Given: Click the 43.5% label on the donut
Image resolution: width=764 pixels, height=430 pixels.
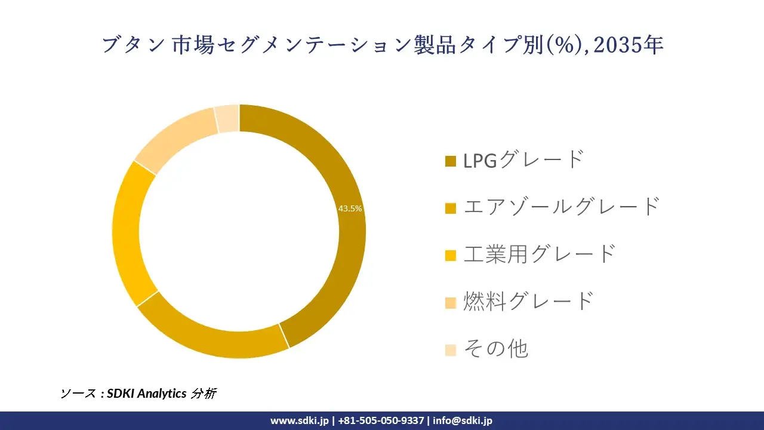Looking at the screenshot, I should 350,208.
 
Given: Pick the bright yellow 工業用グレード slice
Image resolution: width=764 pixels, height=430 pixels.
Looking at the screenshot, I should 127,233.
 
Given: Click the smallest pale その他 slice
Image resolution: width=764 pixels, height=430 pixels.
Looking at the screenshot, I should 228,118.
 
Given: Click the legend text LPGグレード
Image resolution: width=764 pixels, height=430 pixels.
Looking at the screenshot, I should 523,159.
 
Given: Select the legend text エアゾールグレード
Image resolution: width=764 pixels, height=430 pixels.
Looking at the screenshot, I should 562,207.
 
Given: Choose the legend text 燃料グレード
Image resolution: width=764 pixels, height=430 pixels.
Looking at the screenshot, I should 529,301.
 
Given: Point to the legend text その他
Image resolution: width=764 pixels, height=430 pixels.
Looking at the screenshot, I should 496,349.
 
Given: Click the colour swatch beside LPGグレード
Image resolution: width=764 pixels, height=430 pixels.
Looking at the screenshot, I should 451,161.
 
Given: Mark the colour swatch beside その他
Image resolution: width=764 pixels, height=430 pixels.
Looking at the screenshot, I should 451,350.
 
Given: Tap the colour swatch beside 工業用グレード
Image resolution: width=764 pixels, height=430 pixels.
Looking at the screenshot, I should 451,255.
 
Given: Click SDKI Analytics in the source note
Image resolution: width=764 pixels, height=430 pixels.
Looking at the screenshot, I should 147,394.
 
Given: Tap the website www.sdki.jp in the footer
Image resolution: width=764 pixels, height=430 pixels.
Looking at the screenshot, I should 300,420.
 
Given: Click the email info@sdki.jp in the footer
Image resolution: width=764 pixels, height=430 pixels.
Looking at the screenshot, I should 463,420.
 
